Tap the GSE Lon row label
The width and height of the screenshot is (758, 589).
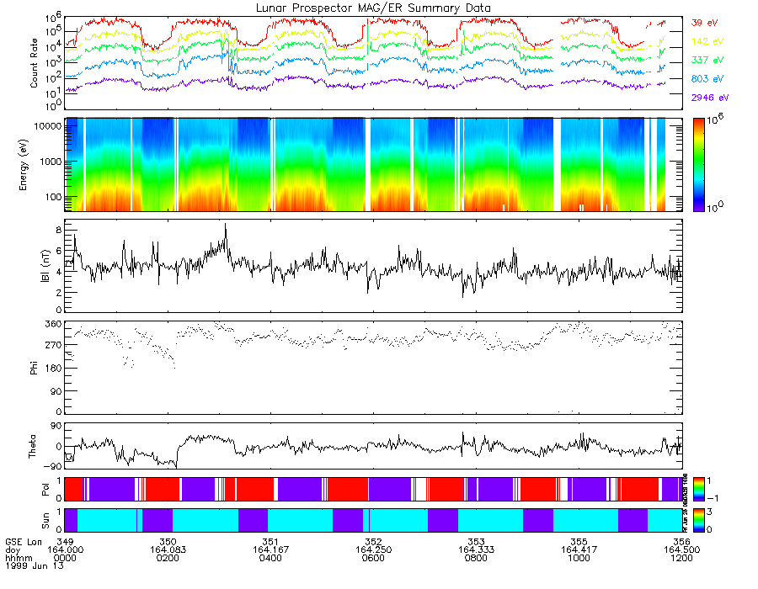(x=23, y=540)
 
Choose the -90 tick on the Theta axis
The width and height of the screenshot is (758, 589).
(x=53, y=465)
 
